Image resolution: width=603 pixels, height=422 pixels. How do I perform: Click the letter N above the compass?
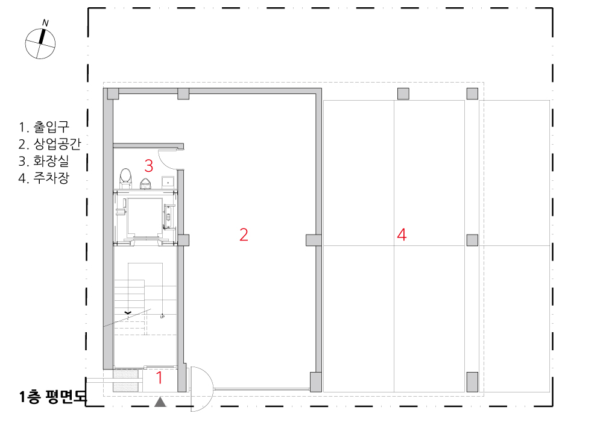(45, 23)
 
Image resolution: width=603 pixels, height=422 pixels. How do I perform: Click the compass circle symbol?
(40, 44)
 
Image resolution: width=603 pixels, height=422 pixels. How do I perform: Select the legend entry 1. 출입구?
(44, 127)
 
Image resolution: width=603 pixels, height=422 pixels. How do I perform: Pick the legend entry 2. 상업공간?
(49, 143)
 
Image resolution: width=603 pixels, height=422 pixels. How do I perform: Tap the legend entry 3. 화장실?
(43, 160)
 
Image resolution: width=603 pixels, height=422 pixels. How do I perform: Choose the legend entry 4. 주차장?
(43, 178)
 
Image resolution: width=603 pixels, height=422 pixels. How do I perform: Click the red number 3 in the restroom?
(149, 166)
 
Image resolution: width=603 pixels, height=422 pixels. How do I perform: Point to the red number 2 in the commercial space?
(244, 235)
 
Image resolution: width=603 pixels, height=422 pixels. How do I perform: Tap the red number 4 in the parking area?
(402, 235)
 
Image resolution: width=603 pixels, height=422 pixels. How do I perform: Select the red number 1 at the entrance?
(159, 377)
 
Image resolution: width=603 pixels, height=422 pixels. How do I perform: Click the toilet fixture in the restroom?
(125, 178)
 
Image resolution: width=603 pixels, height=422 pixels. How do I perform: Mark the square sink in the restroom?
(168, 182)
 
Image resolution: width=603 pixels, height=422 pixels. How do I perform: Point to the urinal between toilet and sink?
(145, 184)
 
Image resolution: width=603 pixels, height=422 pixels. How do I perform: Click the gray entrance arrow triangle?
(160, 402)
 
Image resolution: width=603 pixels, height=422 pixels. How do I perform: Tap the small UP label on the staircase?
(162, 316)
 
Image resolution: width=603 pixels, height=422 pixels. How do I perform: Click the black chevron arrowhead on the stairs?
(128, 313)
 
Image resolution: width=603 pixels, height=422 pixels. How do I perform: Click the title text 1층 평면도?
(53, 397)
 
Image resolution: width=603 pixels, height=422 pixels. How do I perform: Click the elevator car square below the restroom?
(145, 217)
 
